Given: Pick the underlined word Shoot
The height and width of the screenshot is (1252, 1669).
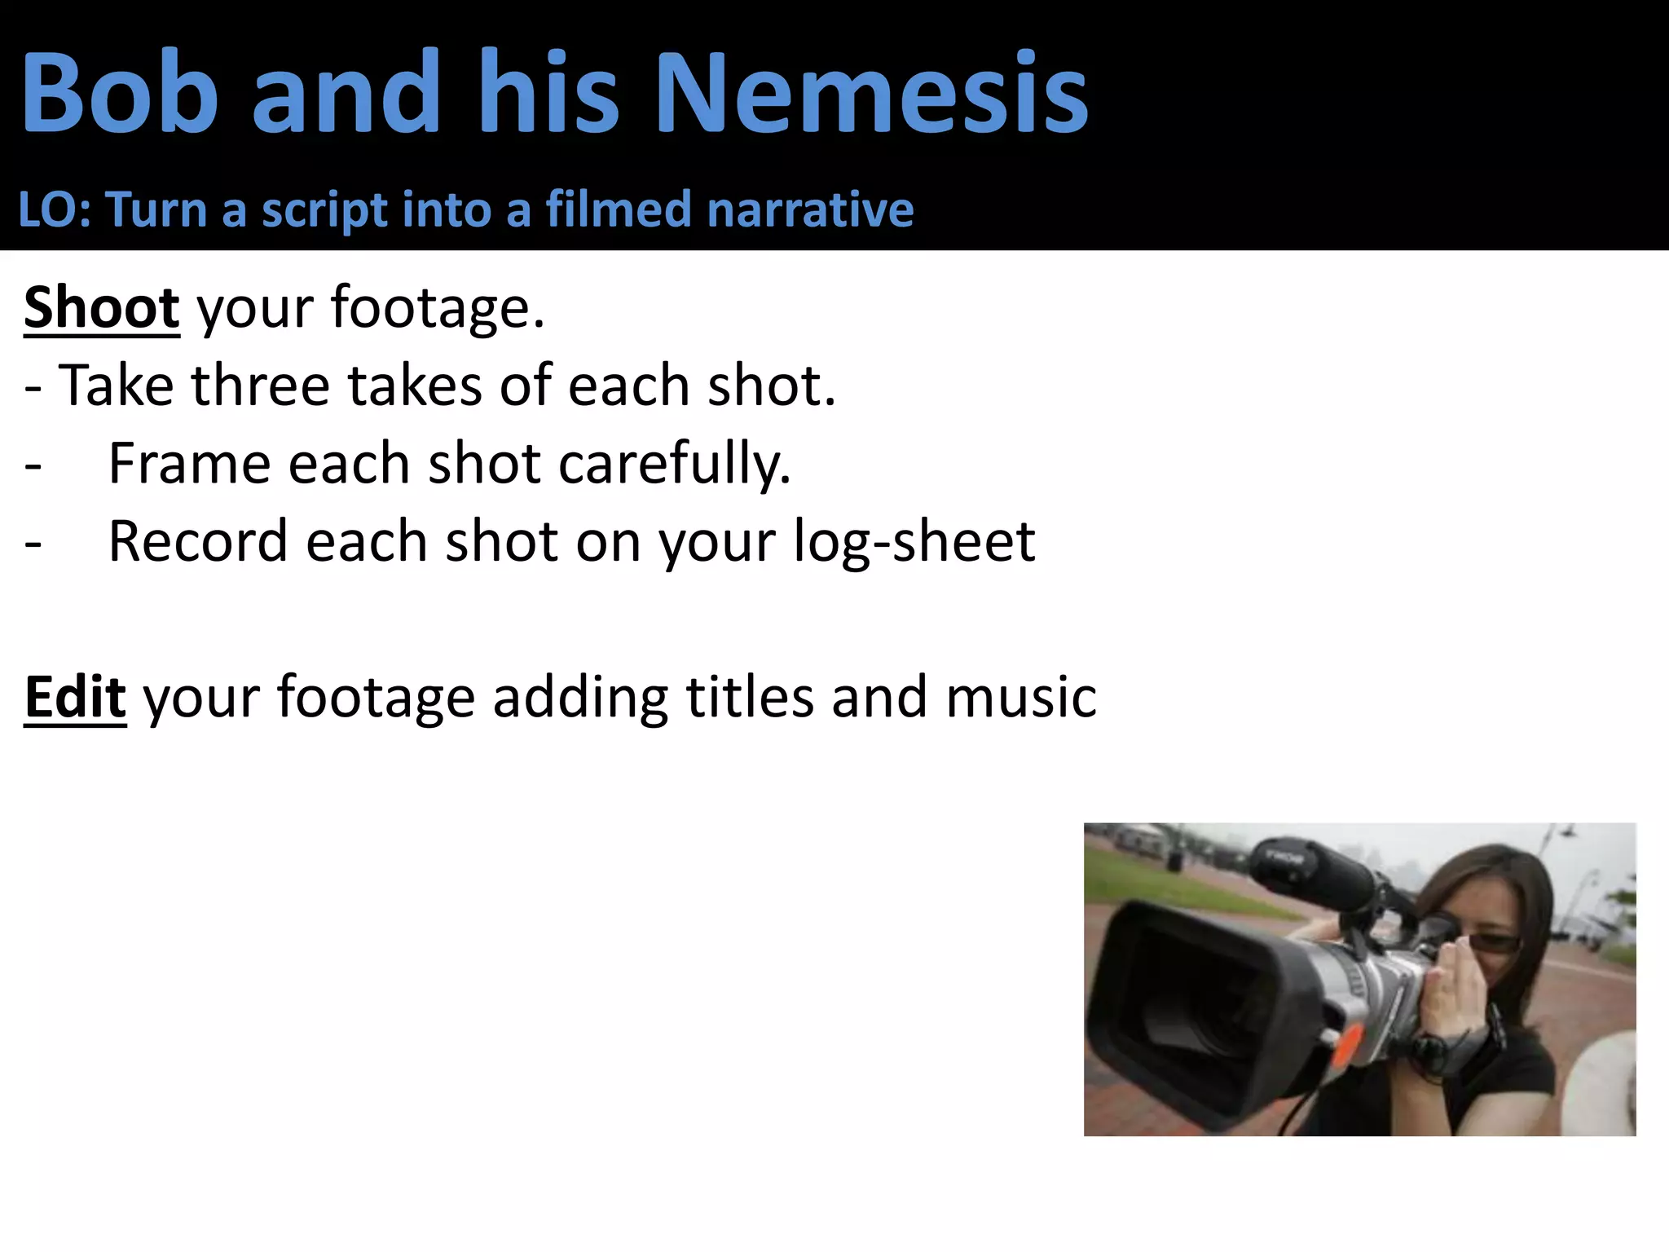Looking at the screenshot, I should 101,308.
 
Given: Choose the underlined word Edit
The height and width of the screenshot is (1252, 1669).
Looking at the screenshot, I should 75,698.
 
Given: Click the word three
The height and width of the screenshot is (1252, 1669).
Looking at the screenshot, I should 260,385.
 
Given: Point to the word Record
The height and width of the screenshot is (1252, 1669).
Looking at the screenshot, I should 198,541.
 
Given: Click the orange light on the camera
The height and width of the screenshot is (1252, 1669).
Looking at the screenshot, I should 1344,1044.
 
